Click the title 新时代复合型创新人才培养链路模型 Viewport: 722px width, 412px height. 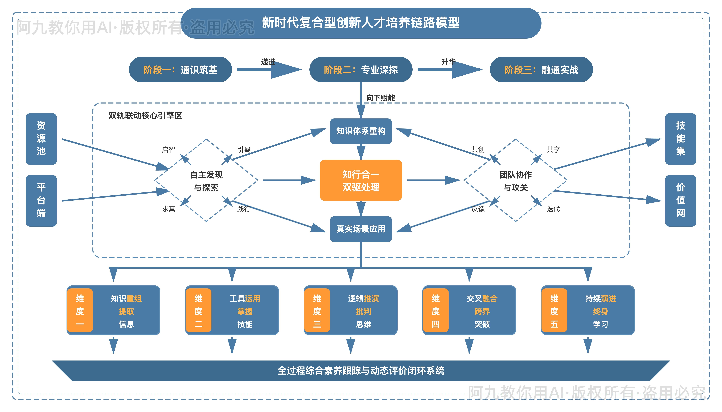[x=360, y=23]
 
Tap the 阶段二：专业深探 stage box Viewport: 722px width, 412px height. [x=361, y=70]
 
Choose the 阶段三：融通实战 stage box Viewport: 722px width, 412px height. [x=541, y=70]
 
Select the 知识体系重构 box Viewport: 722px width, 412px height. [x=361, y=131]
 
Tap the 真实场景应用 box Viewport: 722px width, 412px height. [x=361, y=229]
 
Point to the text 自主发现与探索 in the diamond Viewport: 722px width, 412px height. [x=206, y=181]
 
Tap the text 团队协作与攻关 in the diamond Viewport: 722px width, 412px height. [x=515, y=181]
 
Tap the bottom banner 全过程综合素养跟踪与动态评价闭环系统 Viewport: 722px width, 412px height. [x=361, y=370]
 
